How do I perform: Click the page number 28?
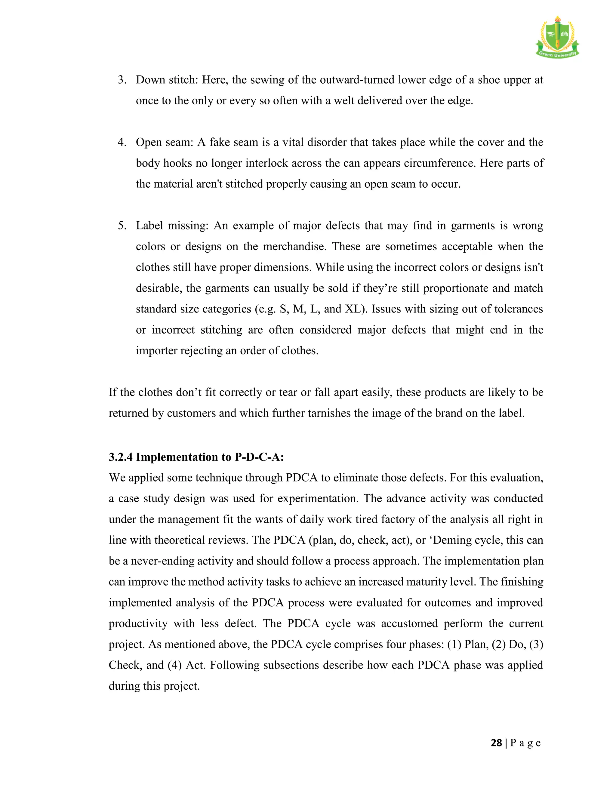pos(496,743)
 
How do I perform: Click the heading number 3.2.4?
pos(121,457)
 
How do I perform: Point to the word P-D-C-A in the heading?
pos(259,457)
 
